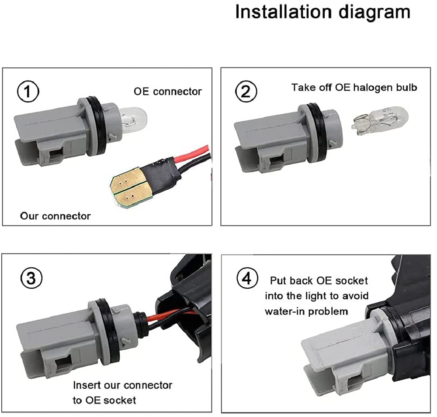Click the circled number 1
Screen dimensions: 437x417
(x=28, y=91)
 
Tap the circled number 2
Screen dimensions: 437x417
(x=246, y=91)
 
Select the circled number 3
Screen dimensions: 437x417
(x=31, y=278)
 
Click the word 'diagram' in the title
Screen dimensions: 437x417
(x=375, y=13)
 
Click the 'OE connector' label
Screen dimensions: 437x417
(x=168, y=92)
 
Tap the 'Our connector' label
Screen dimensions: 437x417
(x=55, y=216)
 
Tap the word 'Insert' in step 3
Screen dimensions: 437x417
(x=87, y=385)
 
